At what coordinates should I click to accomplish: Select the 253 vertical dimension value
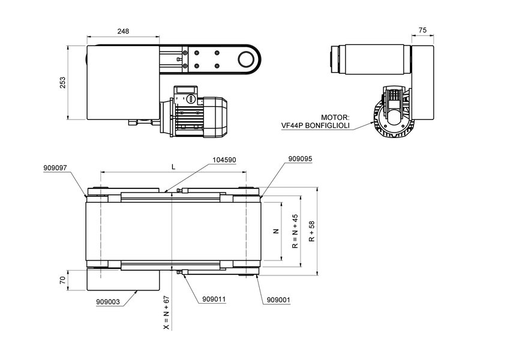(x=63, y=83)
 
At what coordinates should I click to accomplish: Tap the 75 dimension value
(x=422, y=30)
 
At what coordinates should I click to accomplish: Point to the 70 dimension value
(x=62, y=280)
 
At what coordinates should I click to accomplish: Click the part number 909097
(x=55, y=169)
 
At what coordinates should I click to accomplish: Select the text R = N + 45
(x=295, y=231)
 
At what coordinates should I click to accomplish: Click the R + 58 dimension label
(x=311, y=231)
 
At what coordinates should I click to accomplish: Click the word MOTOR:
(x=335, y=118)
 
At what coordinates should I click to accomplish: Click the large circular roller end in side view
(x=245, y=59)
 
